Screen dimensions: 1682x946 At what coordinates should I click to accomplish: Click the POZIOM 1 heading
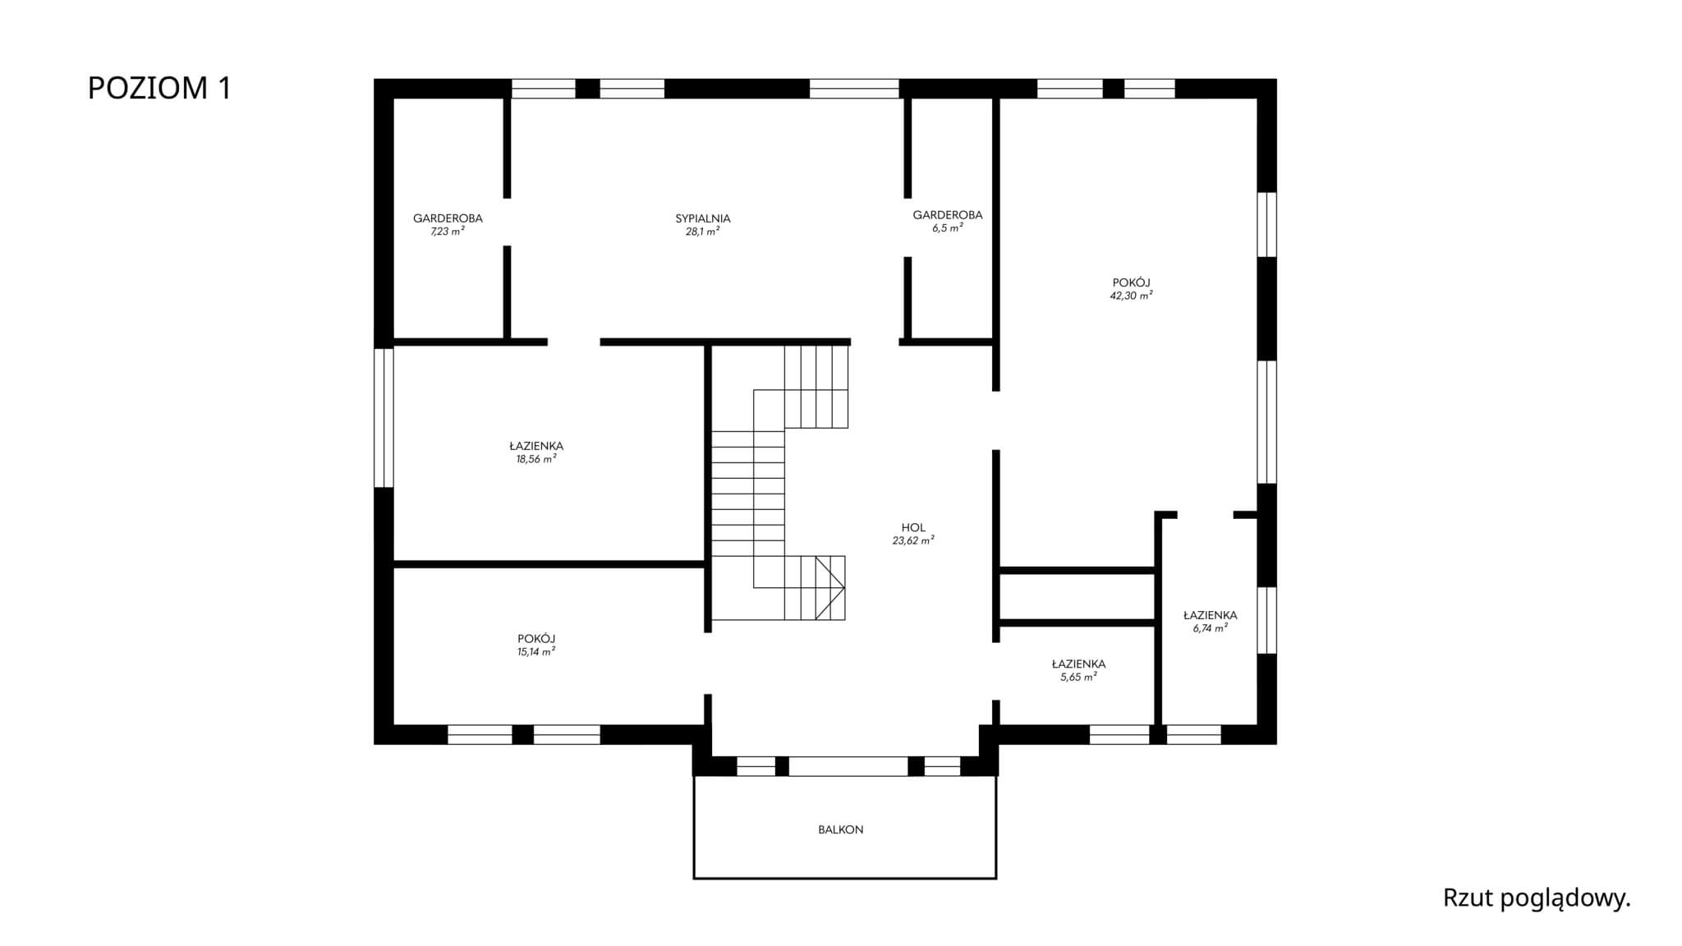pyautogui.click(x=159, y=88)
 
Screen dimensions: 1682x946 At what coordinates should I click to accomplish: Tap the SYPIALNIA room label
pyautogui.click(x=703, y=218)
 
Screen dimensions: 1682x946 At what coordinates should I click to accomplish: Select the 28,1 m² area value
pyautogui.click(x=703, y=232)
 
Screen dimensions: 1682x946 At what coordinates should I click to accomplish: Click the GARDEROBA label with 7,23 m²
pyautogui.click(x=448, y=218)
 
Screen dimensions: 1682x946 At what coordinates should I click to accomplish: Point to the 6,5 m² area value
pyautogui.click(x=948, y=228)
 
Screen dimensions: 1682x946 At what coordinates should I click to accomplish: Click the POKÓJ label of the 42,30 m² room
pyautogui.click(x=1132, y=282)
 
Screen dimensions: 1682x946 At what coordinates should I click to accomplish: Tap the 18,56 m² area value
pyautogui.click(x=536, y=459)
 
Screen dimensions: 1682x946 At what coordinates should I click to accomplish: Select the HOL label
pyautogui.click(x=913, y=528)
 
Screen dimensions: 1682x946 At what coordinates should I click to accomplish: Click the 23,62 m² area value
pyautogui.click(x=913, y=540)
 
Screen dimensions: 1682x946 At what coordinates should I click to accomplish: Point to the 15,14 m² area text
pyautogui.click(x=536, y=651)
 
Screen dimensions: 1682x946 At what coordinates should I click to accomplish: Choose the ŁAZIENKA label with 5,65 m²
pyautogui.click(x=1078, y=664)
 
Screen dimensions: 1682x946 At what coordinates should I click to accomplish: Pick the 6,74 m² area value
pyautogui.click(x=1211, y=628)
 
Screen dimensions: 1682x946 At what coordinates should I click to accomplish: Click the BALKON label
pyautogui.click(x=841, y=829)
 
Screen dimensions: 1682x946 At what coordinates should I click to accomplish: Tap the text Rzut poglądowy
pyautogui.click(x=1537, y=898)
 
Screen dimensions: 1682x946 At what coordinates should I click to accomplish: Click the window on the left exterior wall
pyautogui.click(x=384, y=417)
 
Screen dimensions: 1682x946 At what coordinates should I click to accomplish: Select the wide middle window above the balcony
pyautogui.click(x=848, y=766)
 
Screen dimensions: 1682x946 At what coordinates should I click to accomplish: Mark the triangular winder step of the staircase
pyautogui.click(x=830, y=588)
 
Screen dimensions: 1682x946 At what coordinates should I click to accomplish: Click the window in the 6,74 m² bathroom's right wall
pyautogui.click(x=1267, y=620)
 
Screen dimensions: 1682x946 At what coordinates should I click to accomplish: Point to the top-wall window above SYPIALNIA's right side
pyautogui.click(x=854, y=89)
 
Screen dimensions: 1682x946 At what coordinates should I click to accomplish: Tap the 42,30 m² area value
pyautogui.click(x=1132, y=296)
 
